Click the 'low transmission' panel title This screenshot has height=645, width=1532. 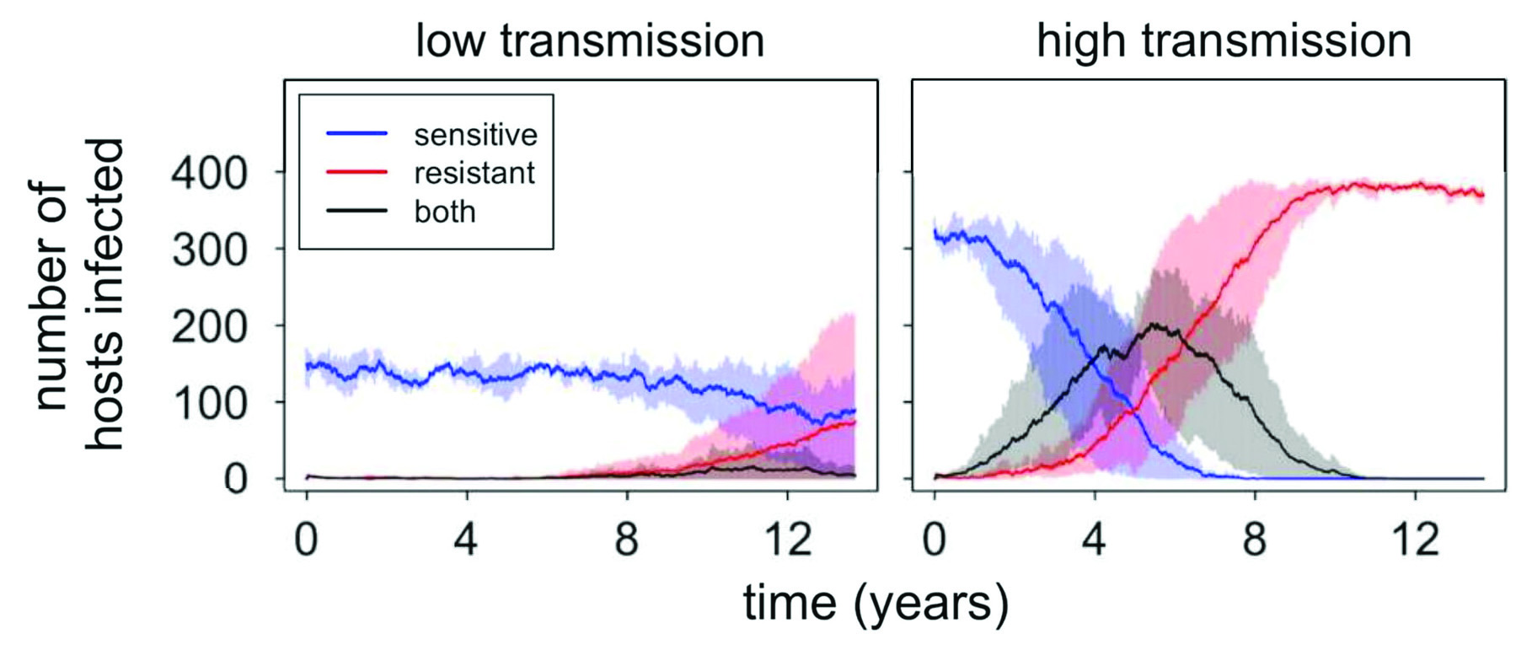click(x=589, y=40)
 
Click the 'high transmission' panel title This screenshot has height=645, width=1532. click(x=1224, y=40)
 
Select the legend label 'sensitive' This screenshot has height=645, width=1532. click(x=475, y=135)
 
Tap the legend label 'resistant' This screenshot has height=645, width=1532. click(x=474, y=173)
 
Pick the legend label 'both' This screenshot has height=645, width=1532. click(x=445, y=212)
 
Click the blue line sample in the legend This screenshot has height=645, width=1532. click(x=356, y=134)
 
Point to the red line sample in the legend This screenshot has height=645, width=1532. click(x=356, y=172)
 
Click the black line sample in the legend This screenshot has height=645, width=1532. click(x=356, y=210)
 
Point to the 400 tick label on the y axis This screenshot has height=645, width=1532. click(x=209, y=174)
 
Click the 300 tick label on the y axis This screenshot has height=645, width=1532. click(x=209, y=250)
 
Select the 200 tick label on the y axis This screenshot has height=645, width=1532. click(x=209, y=327)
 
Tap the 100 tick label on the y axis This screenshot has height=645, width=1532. click(x=209, y=404)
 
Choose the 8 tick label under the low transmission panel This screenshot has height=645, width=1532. click(x=626, y=539)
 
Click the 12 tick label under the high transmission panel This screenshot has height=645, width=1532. click(x=1415, y=539)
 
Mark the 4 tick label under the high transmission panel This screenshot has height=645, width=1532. click(x=1094, y=539)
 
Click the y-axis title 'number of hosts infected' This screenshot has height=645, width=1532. click(x=80, y=295)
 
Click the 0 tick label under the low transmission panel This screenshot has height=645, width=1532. click(x=306, y=539)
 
